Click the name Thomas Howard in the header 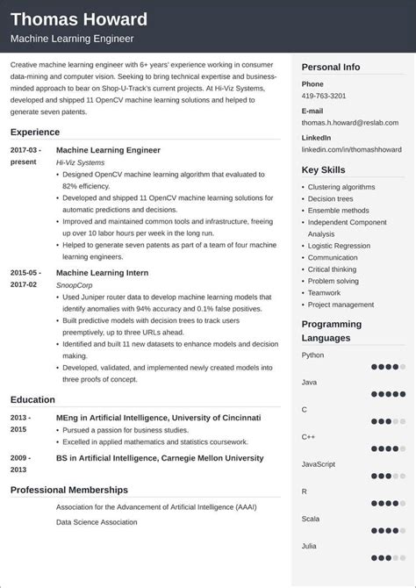79,19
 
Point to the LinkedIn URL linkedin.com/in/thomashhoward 351,149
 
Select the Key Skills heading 324,169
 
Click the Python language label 312,355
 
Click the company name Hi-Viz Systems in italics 79,162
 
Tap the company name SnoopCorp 75,285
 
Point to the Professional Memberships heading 69,490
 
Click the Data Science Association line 97,522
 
